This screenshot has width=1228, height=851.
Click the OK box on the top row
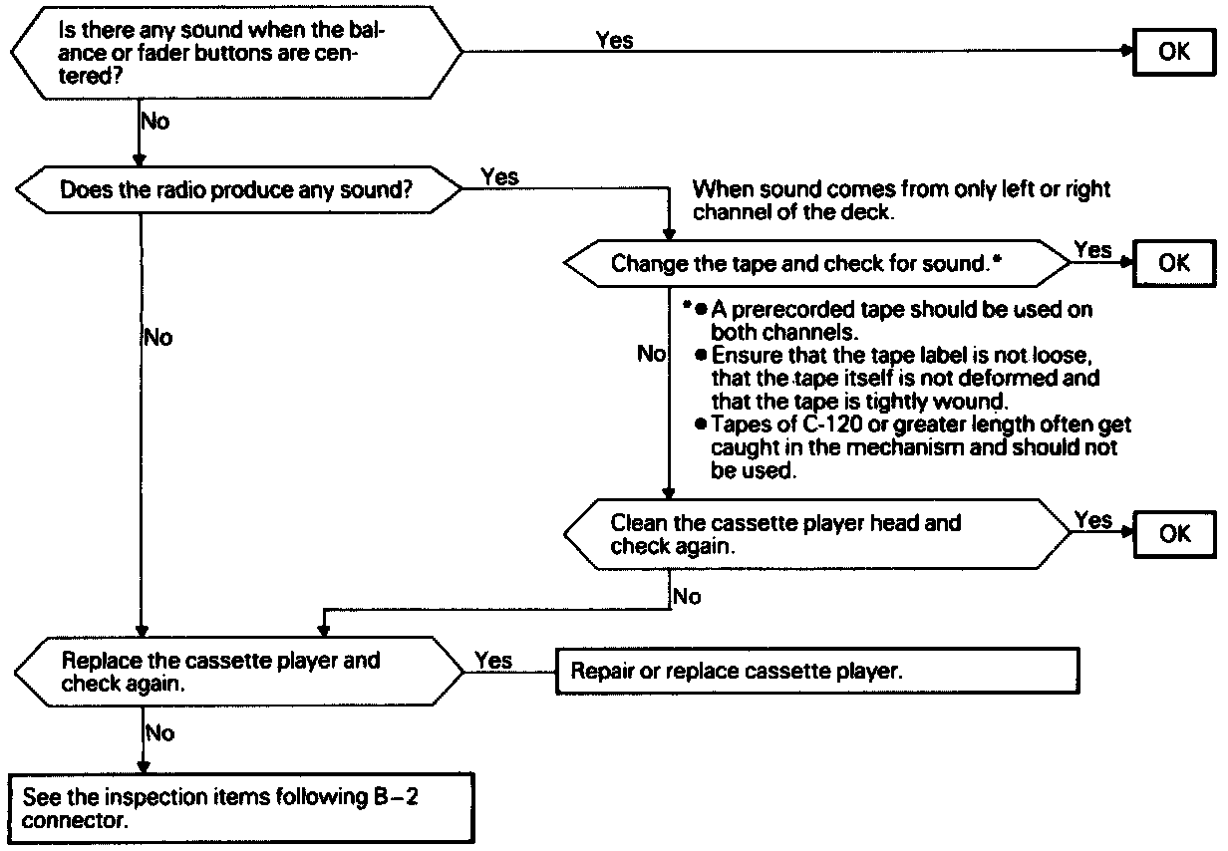tap(1174, 52)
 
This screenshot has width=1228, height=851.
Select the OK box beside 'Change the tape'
tap(1174, 263)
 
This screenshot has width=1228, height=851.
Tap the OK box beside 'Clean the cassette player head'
tap(1175, 534)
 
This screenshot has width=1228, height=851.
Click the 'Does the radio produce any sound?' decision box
tap(238, 189)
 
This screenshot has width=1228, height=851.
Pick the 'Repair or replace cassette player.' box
tap(817, 671)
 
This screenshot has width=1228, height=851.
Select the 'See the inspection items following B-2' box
tap(241, 808)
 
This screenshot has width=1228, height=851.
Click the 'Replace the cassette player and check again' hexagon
tap(239, 672)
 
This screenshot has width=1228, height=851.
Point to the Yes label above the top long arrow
tap(614, 40)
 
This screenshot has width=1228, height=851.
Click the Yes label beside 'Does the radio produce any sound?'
tap(499, 176)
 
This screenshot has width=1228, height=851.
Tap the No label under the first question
tap(155, 122)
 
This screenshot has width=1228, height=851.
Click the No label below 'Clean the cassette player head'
tap(687, 596)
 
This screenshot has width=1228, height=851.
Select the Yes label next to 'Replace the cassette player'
tap(493, 661)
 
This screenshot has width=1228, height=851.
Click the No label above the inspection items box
tap(160, 732)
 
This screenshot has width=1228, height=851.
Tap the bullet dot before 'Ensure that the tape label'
tap(700, 355)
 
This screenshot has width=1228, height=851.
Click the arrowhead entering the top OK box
tap(1127, 52)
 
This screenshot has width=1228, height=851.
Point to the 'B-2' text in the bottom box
tap(397, 797)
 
